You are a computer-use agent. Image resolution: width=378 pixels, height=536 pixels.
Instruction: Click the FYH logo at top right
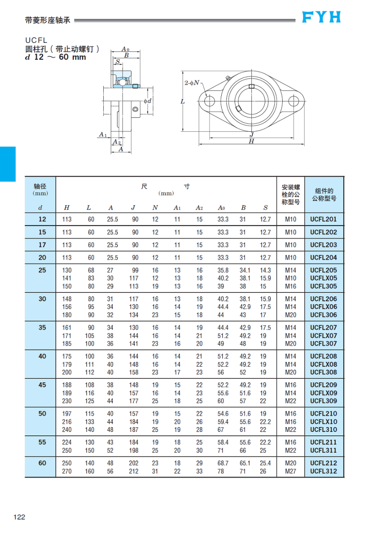pos(321,17)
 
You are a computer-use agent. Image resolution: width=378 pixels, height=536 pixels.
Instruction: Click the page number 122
pos(19,517)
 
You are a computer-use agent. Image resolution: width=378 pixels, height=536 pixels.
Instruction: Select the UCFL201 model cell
pos(323,219)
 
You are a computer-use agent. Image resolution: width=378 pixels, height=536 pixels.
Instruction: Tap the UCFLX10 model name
pos(323,422)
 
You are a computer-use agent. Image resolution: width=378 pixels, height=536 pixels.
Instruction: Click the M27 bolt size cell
pos(291,471)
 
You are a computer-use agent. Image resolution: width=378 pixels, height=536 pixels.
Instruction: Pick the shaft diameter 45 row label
pos(42,385)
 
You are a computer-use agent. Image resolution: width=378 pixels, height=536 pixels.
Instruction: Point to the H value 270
pos(67,471)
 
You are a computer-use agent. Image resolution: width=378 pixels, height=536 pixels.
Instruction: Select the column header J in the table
pos(134,208)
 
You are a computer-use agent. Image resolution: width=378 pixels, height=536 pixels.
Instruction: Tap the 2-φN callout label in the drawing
pos(192,82)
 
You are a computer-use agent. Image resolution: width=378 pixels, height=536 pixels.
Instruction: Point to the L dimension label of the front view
pos(183,101)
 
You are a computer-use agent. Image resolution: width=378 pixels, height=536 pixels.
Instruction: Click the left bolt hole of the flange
pos(210,101)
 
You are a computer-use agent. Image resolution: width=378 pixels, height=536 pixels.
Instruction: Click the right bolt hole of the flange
pos(294,101)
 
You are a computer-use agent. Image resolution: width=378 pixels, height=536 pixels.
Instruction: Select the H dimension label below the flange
pos(251,141)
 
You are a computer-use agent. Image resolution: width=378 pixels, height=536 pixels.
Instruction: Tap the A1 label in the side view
pos(102,135)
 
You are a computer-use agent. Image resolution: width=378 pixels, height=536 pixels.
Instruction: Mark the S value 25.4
pos(265,463)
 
